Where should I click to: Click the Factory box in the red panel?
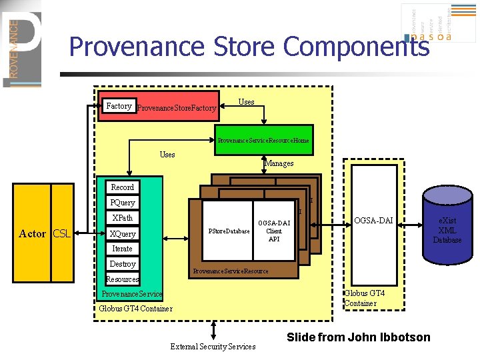click(119, 106)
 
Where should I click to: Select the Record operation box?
click(122, 187)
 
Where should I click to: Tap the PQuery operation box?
click(122, 203)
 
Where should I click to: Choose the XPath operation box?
click(122, 218)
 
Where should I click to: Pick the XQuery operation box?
click(122, 234)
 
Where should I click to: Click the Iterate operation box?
click(122, 249)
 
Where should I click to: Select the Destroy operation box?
click(122, 264)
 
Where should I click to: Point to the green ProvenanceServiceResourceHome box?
click(263, 140)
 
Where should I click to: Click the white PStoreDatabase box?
click(229, 231)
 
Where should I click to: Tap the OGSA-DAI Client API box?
click(274, 231)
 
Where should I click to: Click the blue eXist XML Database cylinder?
click(447, 227)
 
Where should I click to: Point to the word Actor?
click(33, 234)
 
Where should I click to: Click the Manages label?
click(279, 163)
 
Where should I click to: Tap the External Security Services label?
click(213, 347)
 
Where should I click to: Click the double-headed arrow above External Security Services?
click(213, 330)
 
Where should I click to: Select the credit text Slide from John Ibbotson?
click(358, 337)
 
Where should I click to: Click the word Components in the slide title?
click(357, 47)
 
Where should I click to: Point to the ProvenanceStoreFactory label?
click(177, 107)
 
